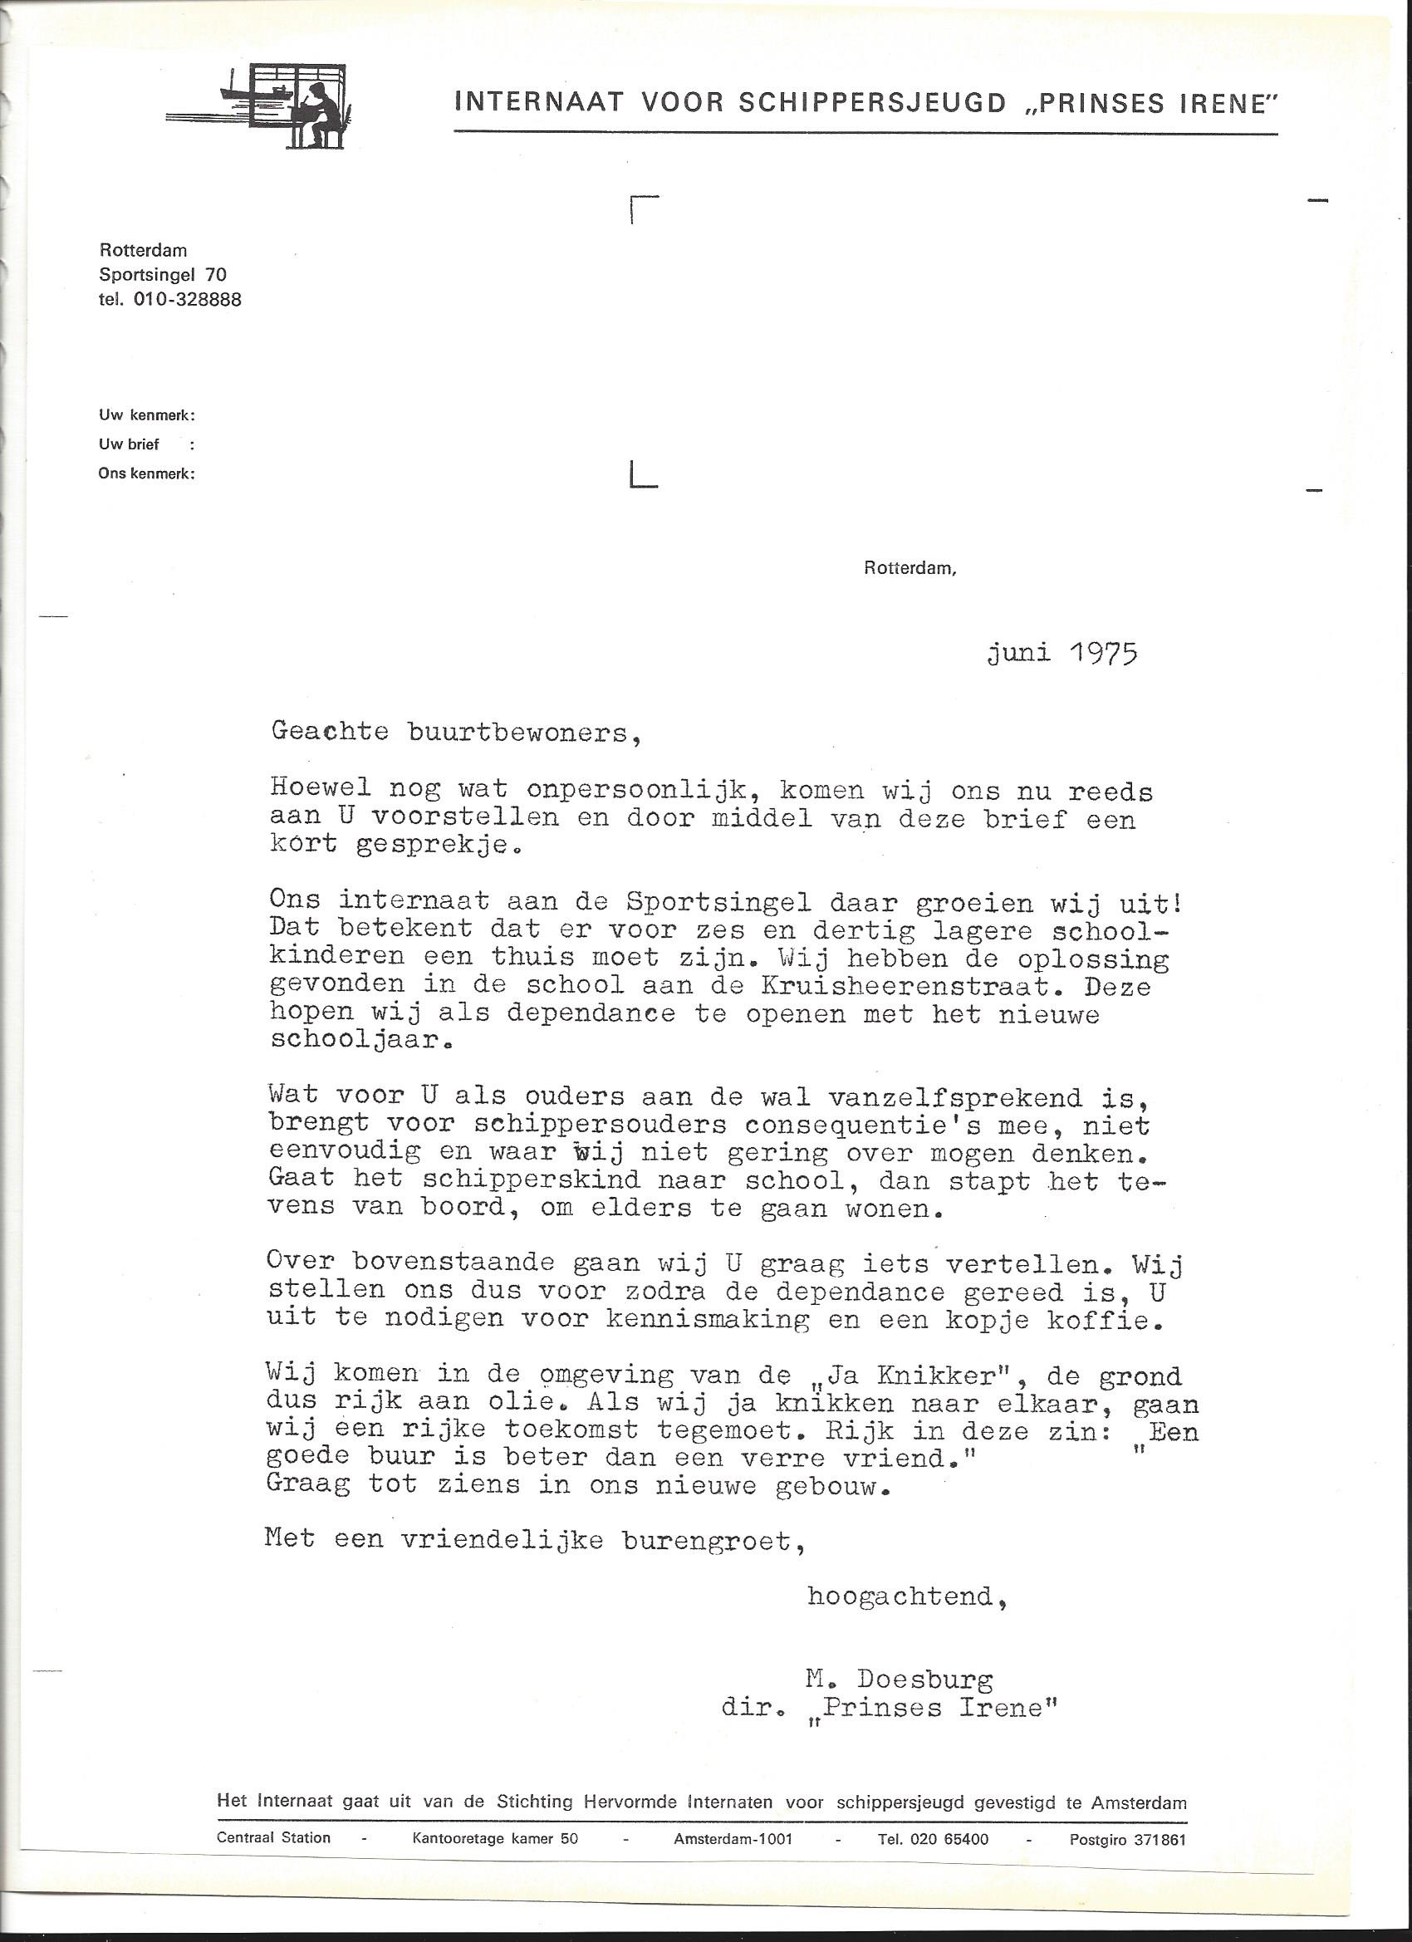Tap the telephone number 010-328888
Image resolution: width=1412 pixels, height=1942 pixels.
pos(188,300)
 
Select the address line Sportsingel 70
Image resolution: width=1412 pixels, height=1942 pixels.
pos(163,275)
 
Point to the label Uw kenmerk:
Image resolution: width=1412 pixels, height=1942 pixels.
pos(146,416)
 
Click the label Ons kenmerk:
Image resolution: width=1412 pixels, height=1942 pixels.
pos(146,473)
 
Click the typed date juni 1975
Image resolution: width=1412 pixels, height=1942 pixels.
pos(1061,655)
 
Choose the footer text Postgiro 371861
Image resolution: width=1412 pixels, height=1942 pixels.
pos(1127,1839)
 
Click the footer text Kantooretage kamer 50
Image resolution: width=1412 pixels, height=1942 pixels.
pos(495,1839)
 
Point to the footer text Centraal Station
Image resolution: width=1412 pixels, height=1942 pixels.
pos(273,1838)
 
